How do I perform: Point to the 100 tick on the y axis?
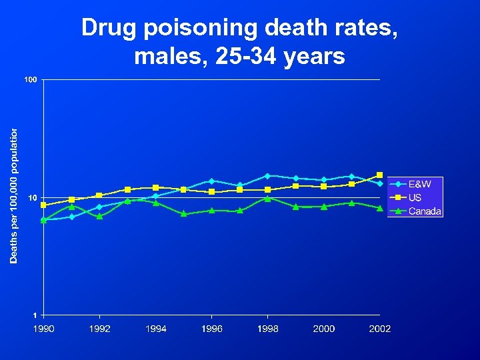31,81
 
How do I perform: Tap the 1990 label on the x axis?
43,329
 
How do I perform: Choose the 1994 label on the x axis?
155,329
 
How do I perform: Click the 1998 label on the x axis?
267,329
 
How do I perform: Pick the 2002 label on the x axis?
380,329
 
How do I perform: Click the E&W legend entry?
419,184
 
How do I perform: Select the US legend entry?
415,198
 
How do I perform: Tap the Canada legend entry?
425,211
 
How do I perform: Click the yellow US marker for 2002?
380,175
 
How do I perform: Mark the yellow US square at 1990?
43,205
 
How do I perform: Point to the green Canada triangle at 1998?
267,198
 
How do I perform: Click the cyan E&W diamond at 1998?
267,176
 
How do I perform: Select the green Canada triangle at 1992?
99,216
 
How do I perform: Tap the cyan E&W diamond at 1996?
211,181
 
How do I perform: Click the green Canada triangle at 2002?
380,208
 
